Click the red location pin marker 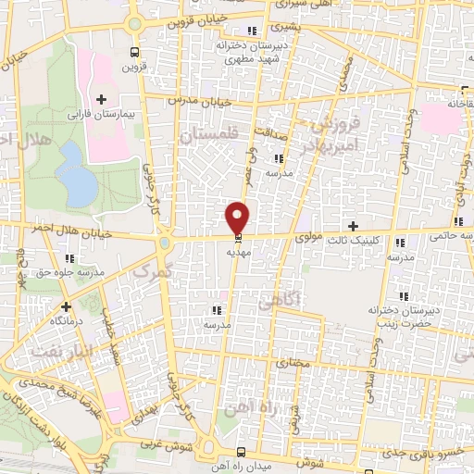click(238, 218)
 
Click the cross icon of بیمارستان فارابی click(101, 99)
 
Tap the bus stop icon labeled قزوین click(135, 53)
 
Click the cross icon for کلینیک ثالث click(351, 226)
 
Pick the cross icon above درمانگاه click(66, 306)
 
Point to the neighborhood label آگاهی click(280, 301)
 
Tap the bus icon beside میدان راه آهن click(240, 452)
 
